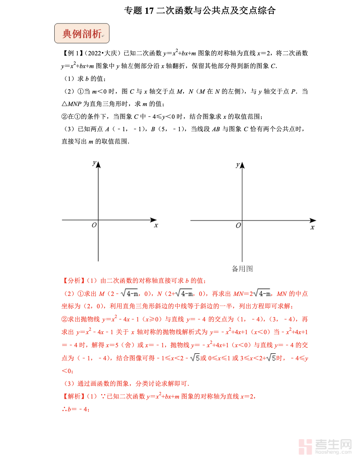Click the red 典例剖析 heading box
point(82,34)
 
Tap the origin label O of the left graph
point(94,225)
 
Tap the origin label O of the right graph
point(238,225)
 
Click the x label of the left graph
point(156,225)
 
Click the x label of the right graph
point(312,227)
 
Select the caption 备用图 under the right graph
point(242,269)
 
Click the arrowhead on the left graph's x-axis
point(154,220)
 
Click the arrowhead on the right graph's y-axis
point(242,165)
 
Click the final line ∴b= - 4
point(75,409)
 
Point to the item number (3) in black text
point(69,129)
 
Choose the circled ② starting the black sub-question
point(64,116)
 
